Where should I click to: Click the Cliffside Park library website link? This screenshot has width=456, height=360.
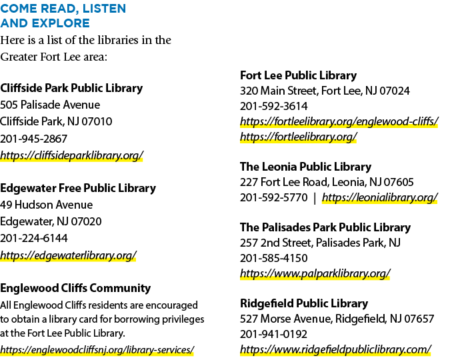tap(71, 155)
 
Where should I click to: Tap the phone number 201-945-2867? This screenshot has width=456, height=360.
tap(34, 139)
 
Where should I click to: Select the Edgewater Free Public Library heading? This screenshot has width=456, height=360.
tap(78, 188)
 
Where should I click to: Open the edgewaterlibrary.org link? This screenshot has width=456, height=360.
tap(68, 255)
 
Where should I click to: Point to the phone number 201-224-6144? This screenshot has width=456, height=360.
tap(34, 239)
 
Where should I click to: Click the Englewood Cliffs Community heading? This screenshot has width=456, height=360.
tap(75, 288)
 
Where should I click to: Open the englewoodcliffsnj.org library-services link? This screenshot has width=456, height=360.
tap(97, 349)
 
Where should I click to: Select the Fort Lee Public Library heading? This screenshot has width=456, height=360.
tap(299, 75)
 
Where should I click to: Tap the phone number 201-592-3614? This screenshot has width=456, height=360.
tap(273, 106)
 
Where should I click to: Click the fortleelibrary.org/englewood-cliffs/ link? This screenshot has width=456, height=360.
tap(339, 121)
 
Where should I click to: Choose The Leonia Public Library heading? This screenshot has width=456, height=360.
tap(305, 167)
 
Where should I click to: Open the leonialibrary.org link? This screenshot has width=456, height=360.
tap(380, 197)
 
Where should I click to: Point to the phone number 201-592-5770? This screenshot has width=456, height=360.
tap(273, 198)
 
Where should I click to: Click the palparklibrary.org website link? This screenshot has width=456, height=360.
tap(315, 273)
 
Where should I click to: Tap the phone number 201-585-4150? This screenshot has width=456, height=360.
tap(273, 258)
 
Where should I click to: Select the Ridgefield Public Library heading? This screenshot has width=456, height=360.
tap(304, 303)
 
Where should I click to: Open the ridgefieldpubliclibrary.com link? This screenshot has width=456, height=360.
tap(335, 349)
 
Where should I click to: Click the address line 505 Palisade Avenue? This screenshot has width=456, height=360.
tap(50, 105)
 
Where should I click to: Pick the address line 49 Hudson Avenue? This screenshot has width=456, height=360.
tap(47, 205)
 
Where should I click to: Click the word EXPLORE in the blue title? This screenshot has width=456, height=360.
tap(61, 23)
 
